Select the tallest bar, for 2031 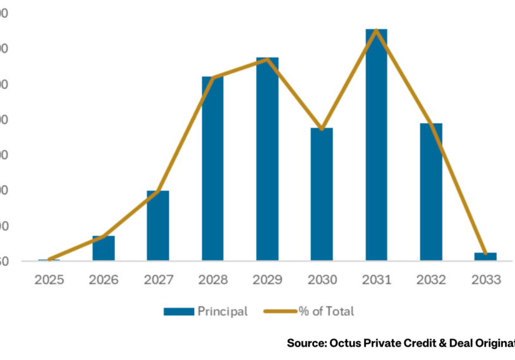pyautogui.click(x=376, y=145)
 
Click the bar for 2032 pyautogui.click(x=431, y=192)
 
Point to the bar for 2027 pyautogui.click(x=158, y=225)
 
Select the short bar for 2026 pyautogui.click(x=104, y=248)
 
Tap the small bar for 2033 pyautogui.click(x=485, y=256)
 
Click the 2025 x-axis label pyautogui.click(x=49, y=279)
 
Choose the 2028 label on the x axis pyautogui.click(x=212, y=279)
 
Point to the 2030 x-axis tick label pyautogui.click(x=322, y=279)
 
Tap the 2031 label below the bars pyautogui.click(x=376, y=279)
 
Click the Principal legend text pyautogui.click(x=222, y=311)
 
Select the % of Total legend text pyautogui.click(x=327, y=311)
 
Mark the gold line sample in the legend pyautogui.click(x=281, y=311)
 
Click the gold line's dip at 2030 pyautogui.click(x=322, y=129)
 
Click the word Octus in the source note pyautogui.click(x=345, y=343)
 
